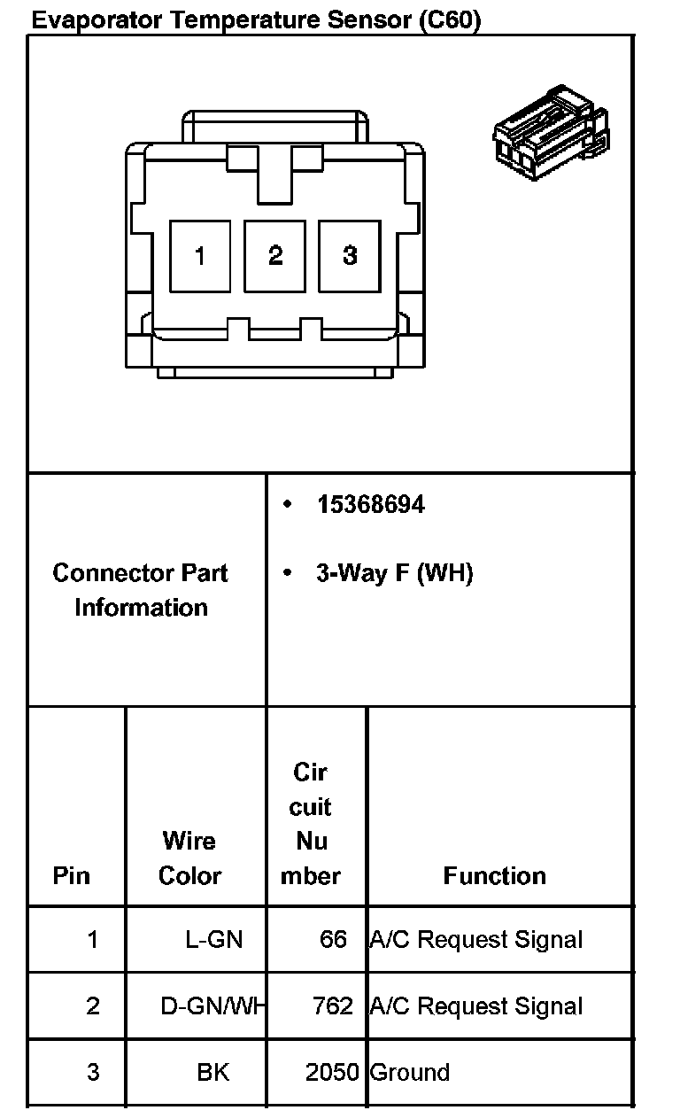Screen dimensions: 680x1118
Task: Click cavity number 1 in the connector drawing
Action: pos(200,256)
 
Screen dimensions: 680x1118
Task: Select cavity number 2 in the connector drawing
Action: pos(275,256)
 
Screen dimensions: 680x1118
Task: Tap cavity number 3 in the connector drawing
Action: pos(350,256)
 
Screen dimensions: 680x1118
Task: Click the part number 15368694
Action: pos(370,505)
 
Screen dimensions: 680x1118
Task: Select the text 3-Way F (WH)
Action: pos(394,573)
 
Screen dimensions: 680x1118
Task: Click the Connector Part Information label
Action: pos(141,590)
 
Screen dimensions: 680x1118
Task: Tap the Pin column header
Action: pos(72,875)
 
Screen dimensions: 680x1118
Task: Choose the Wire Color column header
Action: pos(189,858)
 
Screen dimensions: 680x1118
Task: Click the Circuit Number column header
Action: pos(311,824)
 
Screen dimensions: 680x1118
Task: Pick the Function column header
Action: pos(495,875)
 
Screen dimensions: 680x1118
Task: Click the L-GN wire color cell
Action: pos(213,939)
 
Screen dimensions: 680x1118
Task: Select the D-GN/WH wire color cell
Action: pos(213,1006)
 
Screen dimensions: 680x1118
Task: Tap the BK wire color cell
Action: pos(213,1073)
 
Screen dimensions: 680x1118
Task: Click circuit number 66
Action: pos(333,939)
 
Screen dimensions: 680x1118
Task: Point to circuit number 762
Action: pos(333,1006)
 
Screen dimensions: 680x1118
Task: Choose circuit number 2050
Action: pos(331,1073)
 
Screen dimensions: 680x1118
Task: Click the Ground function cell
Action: pos(410,1073)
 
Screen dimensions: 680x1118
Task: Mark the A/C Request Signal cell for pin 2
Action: pos(476,1006)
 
